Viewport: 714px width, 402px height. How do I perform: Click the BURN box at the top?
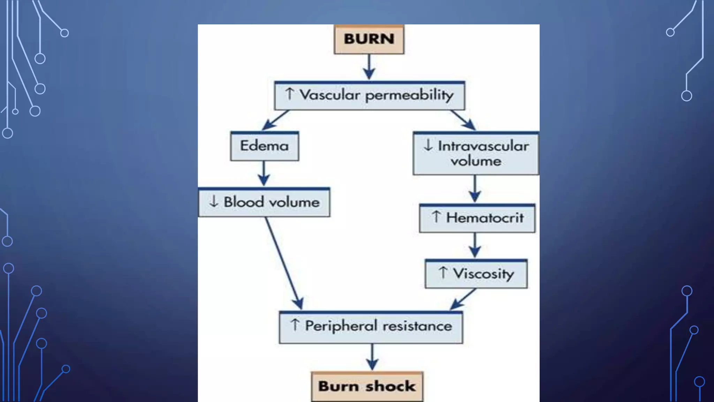pos(369,39)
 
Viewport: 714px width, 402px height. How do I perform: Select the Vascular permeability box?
pos(369,96)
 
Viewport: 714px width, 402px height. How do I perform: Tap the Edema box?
pos(264,146)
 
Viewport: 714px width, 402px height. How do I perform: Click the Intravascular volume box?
pos(476,154)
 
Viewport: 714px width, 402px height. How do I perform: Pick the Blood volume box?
pos(264,202)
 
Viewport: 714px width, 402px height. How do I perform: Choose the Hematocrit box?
pos(477,218)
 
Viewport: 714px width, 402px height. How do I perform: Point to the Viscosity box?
pos(476,274)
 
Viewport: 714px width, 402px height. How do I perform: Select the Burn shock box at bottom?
pos(367,387)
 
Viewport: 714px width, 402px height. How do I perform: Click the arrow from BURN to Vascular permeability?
pos(369,67)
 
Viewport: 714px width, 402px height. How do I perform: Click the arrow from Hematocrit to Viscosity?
pos(475,245)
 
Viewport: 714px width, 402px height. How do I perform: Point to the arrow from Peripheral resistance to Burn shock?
pos(372,357)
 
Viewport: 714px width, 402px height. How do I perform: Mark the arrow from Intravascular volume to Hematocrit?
pos(475,188)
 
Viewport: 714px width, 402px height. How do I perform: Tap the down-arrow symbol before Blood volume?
pos(214,201)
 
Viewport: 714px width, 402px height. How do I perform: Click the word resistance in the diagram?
pos(417,327)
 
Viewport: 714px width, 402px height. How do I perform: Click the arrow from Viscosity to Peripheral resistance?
pos(463,299)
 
